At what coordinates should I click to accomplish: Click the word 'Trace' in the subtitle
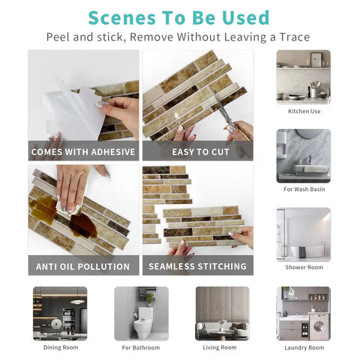(291, 37)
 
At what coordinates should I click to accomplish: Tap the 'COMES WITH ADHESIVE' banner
(83, 152)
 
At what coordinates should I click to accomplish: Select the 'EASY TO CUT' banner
(197, 152)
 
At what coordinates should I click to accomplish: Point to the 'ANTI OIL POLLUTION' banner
(83, 266)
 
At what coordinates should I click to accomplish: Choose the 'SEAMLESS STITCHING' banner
(197, 266)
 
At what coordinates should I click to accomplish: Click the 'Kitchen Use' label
(304, 111)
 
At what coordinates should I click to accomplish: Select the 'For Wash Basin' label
(304, 189)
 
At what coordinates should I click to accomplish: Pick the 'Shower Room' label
(304, 268)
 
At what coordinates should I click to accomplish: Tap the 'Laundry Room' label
(304, 347)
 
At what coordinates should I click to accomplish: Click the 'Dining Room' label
(59, 347)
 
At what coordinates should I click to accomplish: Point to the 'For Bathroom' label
(141, 347)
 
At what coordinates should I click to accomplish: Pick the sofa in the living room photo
(221, 331)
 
